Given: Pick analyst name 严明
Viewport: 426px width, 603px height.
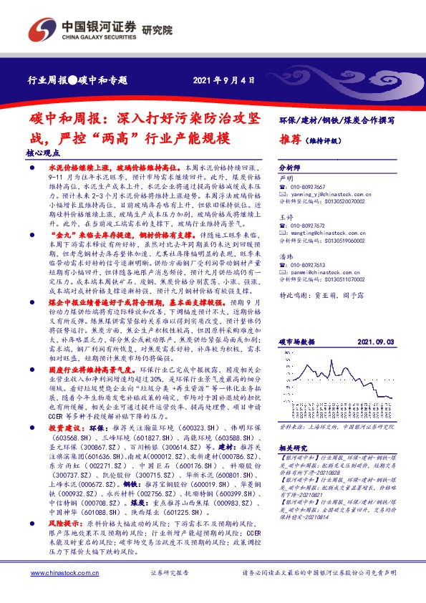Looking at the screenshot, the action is (x=286, y=176).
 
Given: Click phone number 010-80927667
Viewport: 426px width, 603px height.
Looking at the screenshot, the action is (x=310, y=186).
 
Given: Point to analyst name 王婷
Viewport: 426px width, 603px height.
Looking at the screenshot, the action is (x=286, y=216).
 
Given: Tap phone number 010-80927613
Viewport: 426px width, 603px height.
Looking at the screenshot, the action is (x=310, y=264).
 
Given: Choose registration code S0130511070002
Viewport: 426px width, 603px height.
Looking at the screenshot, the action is (x=340, y=280).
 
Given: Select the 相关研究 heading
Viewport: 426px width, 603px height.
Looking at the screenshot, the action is (x=294, y=467).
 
